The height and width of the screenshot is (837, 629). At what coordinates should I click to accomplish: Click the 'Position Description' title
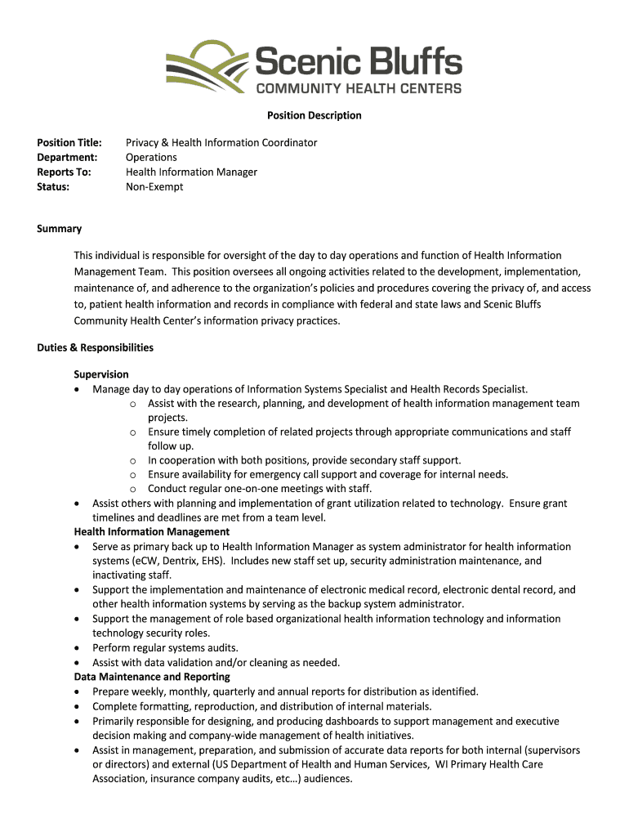pyautogui.click(x=314, y=115)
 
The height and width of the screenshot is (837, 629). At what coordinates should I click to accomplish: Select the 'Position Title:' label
pyautogui.click(x=69, y=142)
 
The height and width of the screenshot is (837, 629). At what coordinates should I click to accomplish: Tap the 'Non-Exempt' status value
pyautogui.click(x=154, y=186)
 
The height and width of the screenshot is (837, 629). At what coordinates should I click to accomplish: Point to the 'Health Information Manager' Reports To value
pyautogui.click(x=191, y=172)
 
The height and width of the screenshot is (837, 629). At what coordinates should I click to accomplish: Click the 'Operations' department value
pyautogui.click(x=151, y=157)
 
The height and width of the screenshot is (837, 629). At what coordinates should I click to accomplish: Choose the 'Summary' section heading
pyautogui.click(x=59, y=229)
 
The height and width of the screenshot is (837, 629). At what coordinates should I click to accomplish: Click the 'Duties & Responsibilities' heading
pyautogui.click(x=95, y=347)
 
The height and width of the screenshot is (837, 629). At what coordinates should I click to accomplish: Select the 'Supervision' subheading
pyautogui.click(x=101, y=374)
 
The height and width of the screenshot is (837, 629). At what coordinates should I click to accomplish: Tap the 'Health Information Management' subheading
pyautogui.click(x=152, y=532)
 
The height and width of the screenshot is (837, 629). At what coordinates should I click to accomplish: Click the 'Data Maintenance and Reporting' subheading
pyautogui.click(x=152, y=677)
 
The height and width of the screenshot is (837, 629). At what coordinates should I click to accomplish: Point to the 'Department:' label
pyautogui.click(x=67, y=157)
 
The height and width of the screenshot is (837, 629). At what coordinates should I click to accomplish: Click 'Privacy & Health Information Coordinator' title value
pyautogui.click(x=221, y=142)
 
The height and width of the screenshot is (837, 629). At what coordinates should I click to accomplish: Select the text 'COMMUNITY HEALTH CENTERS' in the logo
pyautogui.click(x=359, y=88)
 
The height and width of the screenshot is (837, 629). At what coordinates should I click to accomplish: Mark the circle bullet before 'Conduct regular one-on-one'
pyautogui.click(x=132, y=490)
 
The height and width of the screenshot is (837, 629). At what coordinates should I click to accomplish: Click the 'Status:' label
pyautogui.click(x=53, y=186)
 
